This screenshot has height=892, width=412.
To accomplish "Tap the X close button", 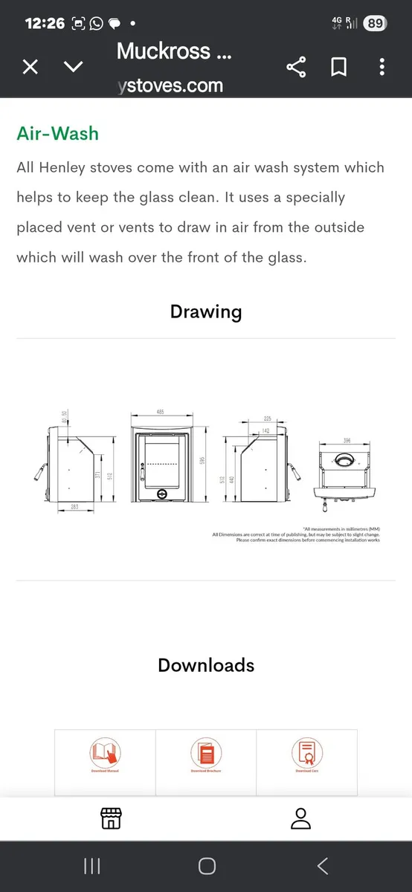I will point(30,68).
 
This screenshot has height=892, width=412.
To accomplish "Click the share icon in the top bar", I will point(296,68).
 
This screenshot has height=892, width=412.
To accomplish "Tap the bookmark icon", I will point(338,68).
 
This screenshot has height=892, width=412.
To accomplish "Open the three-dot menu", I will point(382,68).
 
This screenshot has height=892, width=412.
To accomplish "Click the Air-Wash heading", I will point(57,133).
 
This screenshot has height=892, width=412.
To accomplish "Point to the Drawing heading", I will point(206,311).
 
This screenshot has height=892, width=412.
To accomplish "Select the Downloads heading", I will point(206,665).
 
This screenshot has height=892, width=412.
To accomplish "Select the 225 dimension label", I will point(266,418).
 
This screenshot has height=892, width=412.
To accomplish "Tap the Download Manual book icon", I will point(105,752).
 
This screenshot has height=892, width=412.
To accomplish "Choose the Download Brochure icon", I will point(206,752).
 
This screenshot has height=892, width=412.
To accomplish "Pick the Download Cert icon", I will point(306,752).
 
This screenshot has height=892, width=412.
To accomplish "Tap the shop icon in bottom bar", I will point(111,818).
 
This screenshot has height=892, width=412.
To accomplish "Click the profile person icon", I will point(300,818).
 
